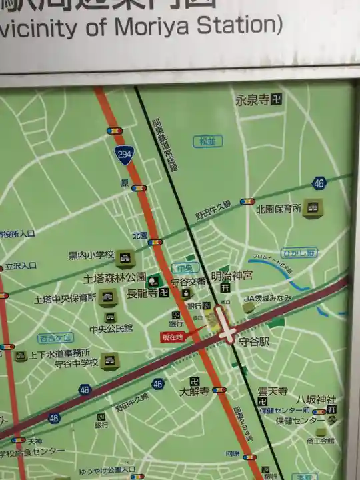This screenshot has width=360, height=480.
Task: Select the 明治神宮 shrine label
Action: click(x=232, y=275)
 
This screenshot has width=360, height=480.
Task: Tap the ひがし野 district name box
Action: click(x=299, y=253)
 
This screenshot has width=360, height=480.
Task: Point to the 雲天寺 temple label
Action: click(x=273, y=391)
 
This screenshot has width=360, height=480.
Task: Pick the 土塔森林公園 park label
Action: click(x=115, y=277)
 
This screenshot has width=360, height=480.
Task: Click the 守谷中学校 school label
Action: click(x=76, y=363)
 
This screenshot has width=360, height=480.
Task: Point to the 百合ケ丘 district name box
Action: click(x=55, y=338)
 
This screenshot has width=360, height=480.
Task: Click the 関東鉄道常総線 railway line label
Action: click(x=165, y=145)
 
